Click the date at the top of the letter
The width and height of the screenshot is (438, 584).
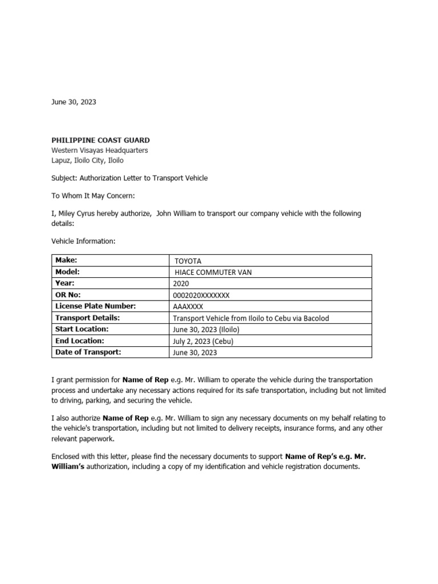coord(74,102)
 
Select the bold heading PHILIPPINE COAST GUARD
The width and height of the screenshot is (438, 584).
coord(101,140)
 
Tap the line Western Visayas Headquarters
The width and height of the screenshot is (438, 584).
coord(100,151)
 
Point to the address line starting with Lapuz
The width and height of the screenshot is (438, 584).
coord(87,160)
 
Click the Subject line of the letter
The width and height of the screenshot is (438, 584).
coord(129,178)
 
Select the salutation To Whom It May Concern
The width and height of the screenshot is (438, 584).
coord(93,196)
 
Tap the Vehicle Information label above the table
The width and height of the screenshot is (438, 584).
coord(83,241)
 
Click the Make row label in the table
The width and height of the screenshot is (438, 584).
coord(66,260)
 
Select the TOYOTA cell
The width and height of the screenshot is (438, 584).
coord(188,261)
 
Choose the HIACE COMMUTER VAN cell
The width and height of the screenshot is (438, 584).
coord(213,272)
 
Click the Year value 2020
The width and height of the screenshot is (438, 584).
coord(180,283)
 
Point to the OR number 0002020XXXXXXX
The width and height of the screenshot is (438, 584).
coord(201,295)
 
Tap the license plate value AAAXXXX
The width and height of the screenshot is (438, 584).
coord(188,306)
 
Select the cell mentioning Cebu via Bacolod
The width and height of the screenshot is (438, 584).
coord(251,318)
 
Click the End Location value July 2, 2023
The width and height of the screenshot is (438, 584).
coord(202,341)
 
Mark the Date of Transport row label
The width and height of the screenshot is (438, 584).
coord(88,352)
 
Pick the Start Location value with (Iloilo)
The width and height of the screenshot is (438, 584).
coord(205,330)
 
